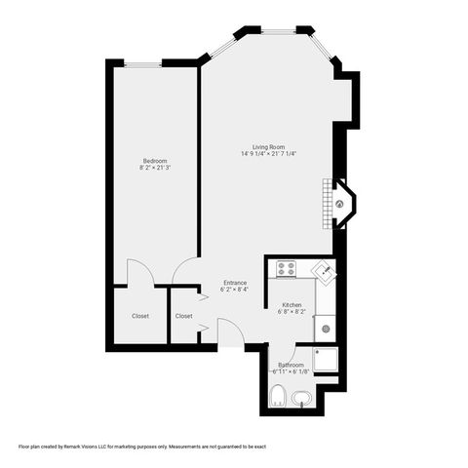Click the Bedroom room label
(x=154, y=161)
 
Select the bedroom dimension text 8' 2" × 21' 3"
(x=154, y=169)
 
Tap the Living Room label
(x=268, y=146)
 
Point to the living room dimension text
(x=268, y=154)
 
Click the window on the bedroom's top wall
(x=142, y=63)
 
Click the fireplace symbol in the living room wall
(x=340, y=205)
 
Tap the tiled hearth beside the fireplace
(x=329, y=204)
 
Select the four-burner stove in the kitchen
(x=286, y=268)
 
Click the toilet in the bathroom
(x=278, y=396)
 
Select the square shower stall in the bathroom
(x=325, y=362)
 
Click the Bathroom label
(x=291, y=365)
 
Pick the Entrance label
(x=234, y=283)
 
